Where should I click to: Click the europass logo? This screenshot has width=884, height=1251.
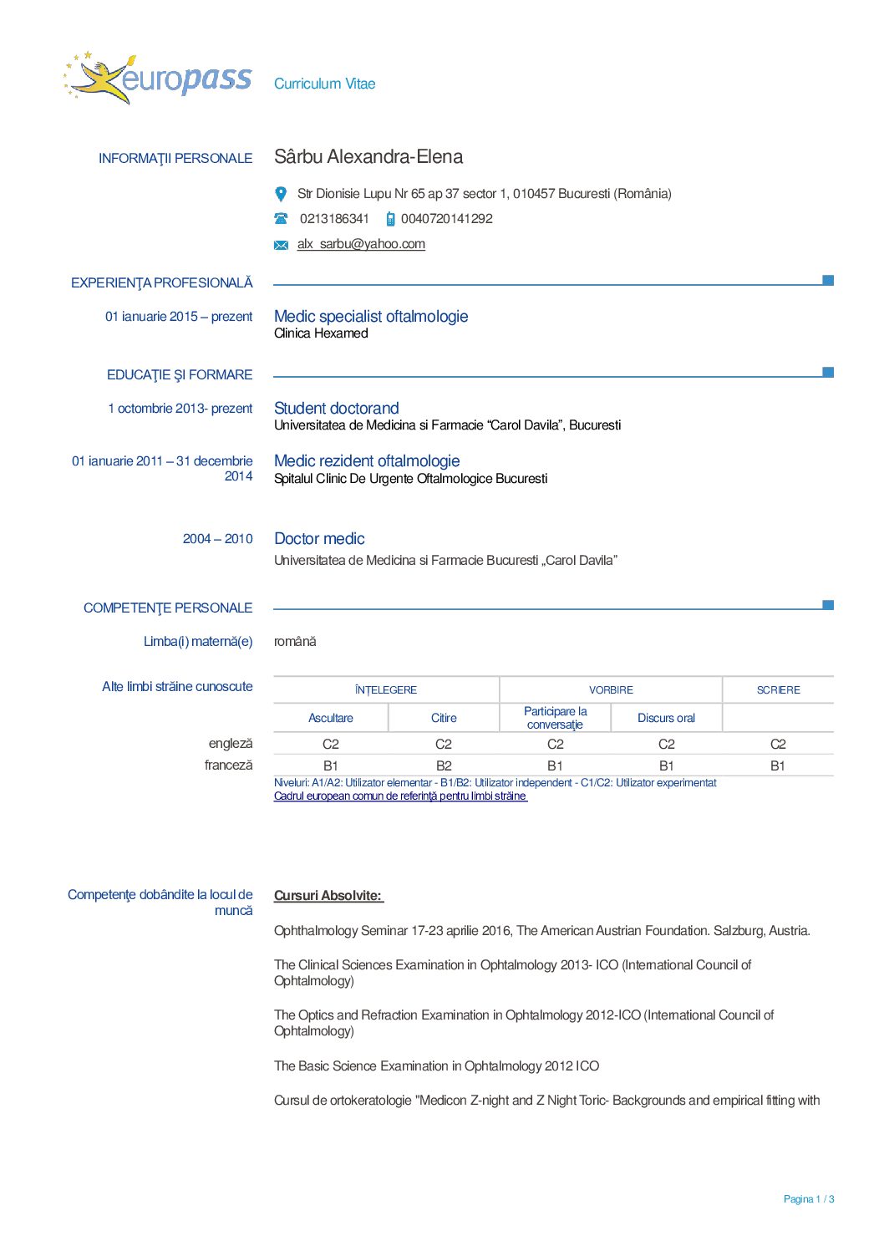(x=157, y=79)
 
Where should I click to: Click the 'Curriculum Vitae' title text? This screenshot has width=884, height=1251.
(x=324, y=84)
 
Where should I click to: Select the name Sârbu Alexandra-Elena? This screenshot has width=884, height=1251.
(x=368, y=157)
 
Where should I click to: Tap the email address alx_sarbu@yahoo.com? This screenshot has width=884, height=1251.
(x=361, y=244)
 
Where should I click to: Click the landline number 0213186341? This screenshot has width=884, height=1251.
(x=334, y=219)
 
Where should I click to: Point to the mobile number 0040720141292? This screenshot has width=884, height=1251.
(x=446, y=219)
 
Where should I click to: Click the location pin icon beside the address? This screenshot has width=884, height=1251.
(x=281, y=194)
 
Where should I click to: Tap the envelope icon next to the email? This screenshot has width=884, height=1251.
(x=281, y=245)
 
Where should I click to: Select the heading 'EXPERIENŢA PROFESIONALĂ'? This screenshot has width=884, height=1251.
(x=161, y=283)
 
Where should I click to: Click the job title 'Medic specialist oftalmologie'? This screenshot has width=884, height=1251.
(x=371, y=317)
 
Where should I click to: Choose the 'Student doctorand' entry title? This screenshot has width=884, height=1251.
(x=336, y=409)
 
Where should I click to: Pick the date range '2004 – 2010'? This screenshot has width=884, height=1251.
(x=217, y=539)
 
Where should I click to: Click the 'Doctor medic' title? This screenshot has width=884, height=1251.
(x=319, y=539)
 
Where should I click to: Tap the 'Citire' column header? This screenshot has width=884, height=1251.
(x=444, y=718)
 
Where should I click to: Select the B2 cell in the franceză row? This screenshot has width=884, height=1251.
(x=444, y=765)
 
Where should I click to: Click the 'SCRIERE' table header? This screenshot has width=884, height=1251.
(x=778, y=690)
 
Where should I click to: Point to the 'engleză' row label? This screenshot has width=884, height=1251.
(x=230, y=744)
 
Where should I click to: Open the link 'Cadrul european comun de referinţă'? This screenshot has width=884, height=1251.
(x=400, y=796)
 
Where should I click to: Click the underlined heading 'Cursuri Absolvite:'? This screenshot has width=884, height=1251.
(x=328, y=896)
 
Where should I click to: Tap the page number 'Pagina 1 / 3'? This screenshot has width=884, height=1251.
(x=808, y=1199)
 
